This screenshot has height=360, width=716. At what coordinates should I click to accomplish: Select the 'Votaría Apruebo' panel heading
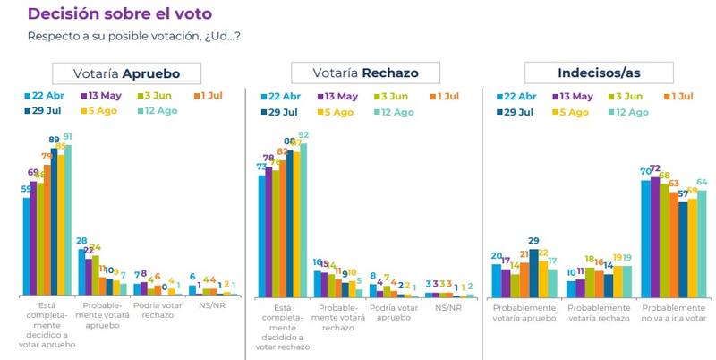coord(125,73)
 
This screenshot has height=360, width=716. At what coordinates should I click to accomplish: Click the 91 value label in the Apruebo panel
coord(66,137)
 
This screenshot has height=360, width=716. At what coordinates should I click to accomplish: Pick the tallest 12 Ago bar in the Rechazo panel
coord(303,219)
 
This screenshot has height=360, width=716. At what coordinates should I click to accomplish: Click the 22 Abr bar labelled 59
coord(27,246)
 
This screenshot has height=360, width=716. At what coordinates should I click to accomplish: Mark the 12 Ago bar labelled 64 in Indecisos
coord(702,243)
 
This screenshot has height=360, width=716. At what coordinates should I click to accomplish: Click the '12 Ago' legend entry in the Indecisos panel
coord(628,112)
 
